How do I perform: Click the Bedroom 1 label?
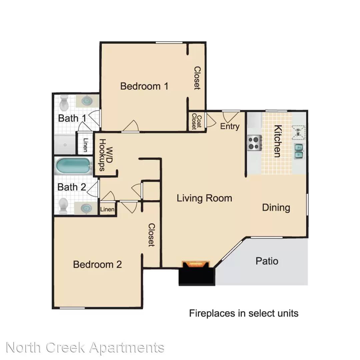click(144, 86)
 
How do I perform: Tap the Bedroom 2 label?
click(97, 264)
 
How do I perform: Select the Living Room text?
click(204, 198)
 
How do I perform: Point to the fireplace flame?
click(195, 264)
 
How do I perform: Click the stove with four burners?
click(254, 143)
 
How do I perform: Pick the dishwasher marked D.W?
click(298, 132)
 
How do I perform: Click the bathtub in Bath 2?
click(73, 166)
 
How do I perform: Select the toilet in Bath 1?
click(64, 103)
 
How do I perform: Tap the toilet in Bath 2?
click(63, 205)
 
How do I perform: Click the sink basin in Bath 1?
click(87, 101)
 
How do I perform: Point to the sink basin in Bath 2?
click(86, 208)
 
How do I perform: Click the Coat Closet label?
click(197, 121)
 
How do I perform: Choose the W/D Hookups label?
click(106, 155)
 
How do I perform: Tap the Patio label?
click(267, 261)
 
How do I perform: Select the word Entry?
click(230, 127)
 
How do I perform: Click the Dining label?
click(276, 208)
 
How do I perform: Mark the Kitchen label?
click(278, 141)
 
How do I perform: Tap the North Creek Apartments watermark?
click(85, 348)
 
